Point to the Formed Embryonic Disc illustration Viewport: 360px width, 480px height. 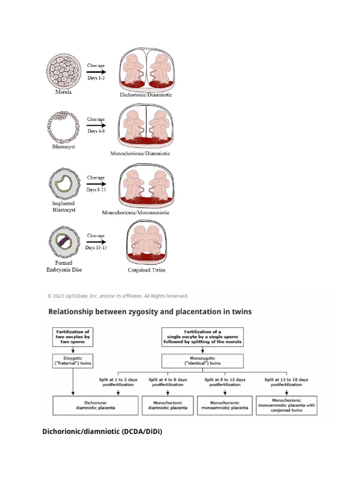pos(62,242)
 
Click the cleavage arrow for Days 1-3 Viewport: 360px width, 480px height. pos(96,72)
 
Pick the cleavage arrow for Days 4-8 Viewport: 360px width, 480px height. pos(96,126)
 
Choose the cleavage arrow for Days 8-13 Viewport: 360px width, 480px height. pos(96,184)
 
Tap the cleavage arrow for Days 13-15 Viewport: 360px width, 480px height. pos(96,242)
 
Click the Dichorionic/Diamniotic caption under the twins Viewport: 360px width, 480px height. pos(146,95)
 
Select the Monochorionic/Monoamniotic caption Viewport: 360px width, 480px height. pos(136,212)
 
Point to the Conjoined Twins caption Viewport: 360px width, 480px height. pos(146,270)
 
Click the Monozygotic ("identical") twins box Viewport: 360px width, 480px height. pos(202,361)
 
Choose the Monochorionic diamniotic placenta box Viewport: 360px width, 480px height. pos(167,405)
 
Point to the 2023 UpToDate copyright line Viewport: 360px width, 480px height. pos(118,296)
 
